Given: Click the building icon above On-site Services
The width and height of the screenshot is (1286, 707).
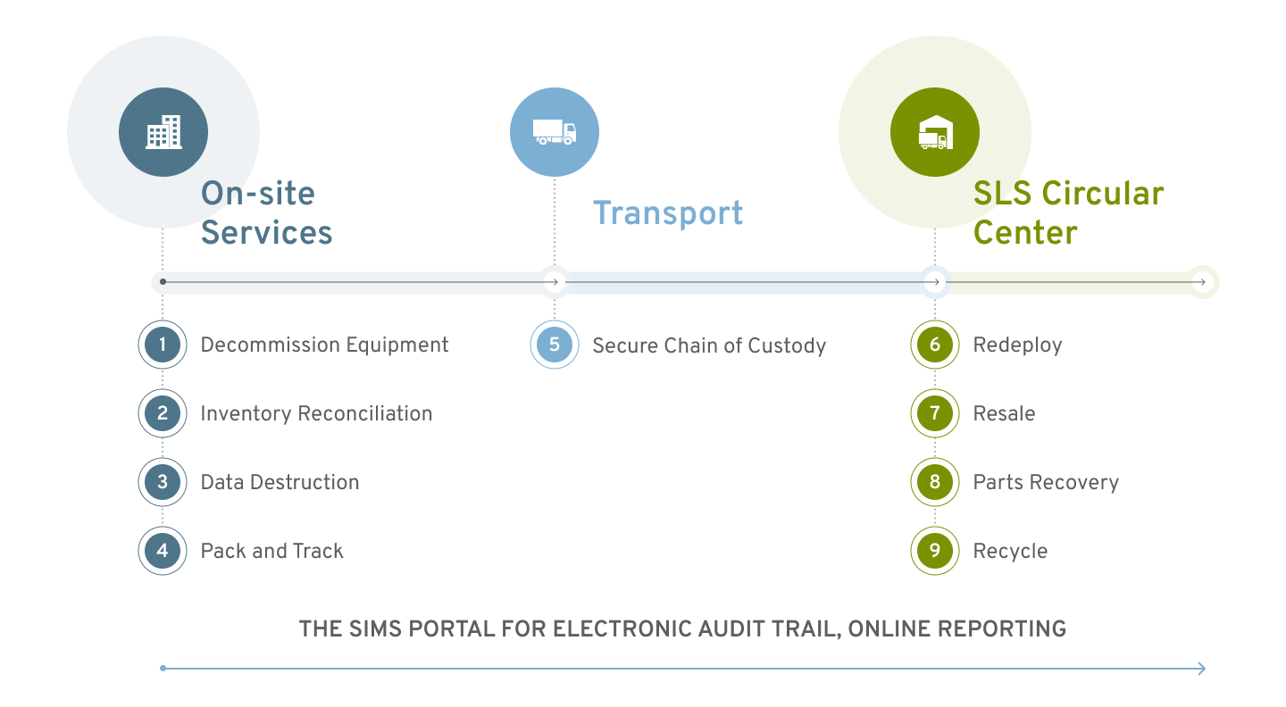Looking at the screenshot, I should (x=163, y=132).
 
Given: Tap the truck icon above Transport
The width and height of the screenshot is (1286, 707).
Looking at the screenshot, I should (x=555, y=132).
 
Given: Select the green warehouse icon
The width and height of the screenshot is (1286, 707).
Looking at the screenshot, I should (x=934, y=132).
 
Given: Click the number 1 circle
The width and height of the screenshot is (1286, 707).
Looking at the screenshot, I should (x=163, y=345).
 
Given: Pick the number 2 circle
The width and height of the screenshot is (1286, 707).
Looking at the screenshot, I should (x=163, y=413).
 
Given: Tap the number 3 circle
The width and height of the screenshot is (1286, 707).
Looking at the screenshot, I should (x=163, y=482).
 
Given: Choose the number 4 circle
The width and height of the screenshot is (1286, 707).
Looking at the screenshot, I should (x=163, y=551).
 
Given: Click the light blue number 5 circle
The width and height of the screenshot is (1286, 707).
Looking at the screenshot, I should (x=555, y=345).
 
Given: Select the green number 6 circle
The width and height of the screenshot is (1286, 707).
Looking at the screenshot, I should (x=935, y=345).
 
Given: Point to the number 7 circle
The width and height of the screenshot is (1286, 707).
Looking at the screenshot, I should (x=935, y=413).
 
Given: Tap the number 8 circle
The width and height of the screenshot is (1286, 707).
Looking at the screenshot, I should (x=935, y=482).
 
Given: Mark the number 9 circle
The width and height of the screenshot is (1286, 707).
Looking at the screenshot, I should (x=935, y=551).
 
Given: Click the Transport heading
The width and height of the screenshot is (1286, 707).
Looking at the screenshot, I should (x=668, y=213).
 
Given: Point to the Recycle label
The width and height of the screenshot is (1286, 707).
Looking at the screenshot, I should (x=1010, y=552).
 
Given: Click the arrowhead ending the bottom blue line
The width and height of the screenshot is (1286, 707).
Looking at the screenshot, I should (x=1201, y=669).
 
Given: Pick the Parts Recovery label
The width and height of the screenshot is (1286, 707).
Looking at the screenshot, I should (x=1046, y=483).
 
